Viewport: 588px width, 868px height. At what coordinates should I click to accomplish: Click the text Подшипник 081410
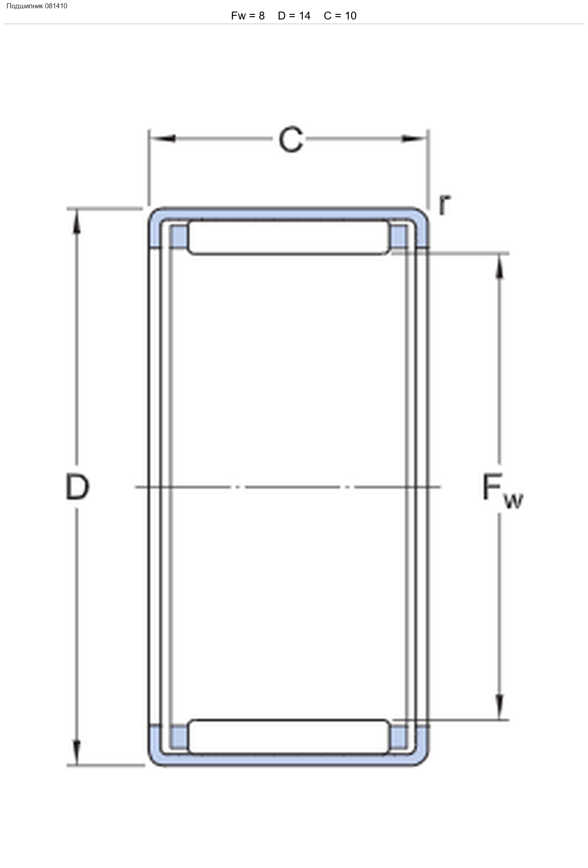(37, 6)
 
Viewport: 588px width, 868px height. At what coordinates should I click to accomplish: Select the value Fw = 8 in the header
(248, 16)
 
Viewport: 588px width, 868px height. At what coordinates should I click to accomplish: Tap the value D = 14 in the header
(294, 16)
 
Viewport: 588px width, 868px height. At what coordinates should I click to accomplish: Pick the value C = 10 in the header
(340, 16)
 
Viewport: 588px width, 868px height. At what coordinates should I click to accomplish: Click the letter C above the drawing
(291, 139)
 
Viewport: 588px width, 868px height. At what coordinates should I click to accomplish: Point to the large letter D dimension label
(77, 487)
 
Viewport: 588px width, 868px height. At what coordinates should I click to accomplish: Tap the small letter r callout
(444, 204)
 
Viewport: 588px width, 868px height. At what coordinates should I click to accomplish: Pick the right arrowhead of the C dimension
(414, 138)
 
